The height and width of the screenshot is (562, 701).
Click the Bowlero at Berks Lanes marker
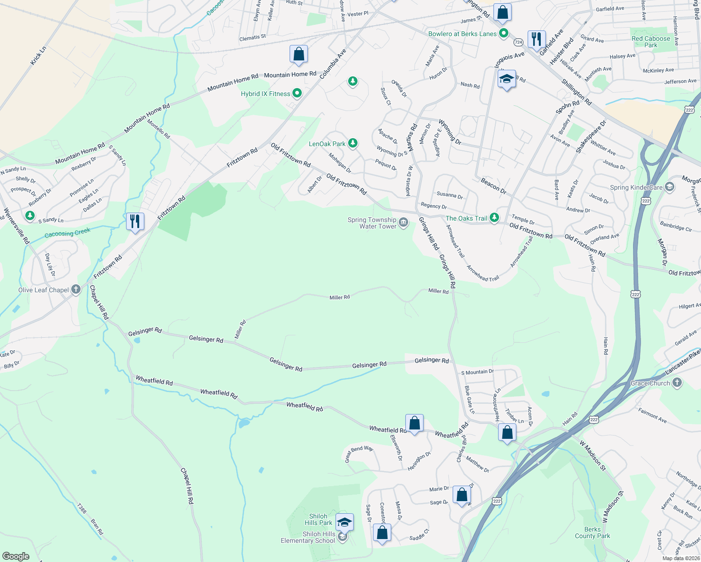504,33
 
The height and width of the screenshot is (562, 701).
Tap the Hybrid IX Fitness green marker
297,94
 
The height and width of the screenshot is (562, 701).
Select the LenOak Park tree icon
353,143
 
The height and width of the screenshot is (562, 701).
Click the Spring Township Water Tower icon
403,222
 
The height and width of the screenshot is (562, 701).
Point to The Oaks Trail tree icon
494,218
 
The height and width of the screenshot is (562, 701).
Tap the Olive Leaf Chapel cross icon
76,289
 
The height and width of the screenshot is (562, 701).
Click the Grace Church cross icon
677,383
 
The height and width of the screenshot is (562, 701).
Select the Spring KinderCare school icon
669,187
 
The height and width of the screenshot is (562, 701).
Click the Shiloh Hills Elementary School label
308,537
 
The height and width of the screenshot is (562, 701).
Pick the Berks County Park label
592,532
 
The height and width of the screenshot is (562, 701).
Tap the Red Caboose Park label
651,42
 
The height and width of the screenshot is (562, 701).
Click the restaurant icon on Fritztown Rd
135,221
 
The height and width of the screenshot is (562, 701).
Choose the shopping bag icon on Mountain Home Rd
298,54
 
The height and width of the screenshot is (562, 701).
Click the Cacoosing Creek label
67,232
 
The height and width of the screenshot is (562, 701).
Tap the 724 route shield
518,42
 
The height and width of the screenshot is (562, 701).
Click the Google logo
15,556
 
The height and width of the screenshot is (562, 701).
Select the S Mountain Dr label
477,372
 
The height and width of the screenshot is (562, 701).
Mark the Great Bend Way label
359,454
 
